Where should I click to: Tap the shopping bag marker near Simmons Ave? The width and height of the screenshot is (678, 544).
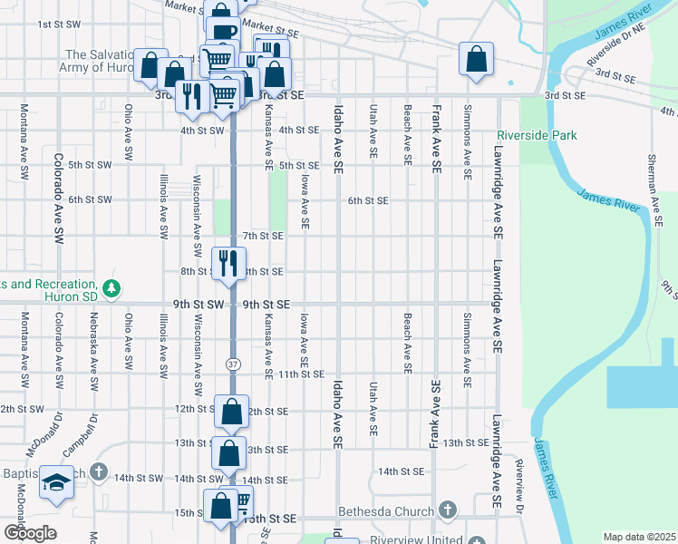click(x=476, y=60)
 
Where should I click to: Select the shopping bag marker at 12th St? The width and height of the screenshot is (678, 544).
click(x=232, y=412)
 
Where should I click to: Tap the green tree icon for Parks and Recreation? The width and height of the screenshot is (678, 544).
click(x=111, y=288)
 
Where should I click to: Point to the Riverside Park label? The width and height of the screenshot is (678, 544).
click(x=537, y=136)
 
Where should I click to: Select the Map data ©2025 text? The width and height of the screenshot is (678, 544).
click(x=639, y=537)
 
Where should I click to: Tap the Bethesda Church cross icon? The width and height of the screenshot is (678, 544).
click(x=445, y=511)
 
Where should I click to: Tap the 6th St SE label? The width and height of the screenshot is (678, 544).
click(x=368, y=200)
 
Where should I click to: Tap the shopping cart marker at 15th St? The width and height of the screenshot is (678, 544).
click(x=241, y=501)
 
